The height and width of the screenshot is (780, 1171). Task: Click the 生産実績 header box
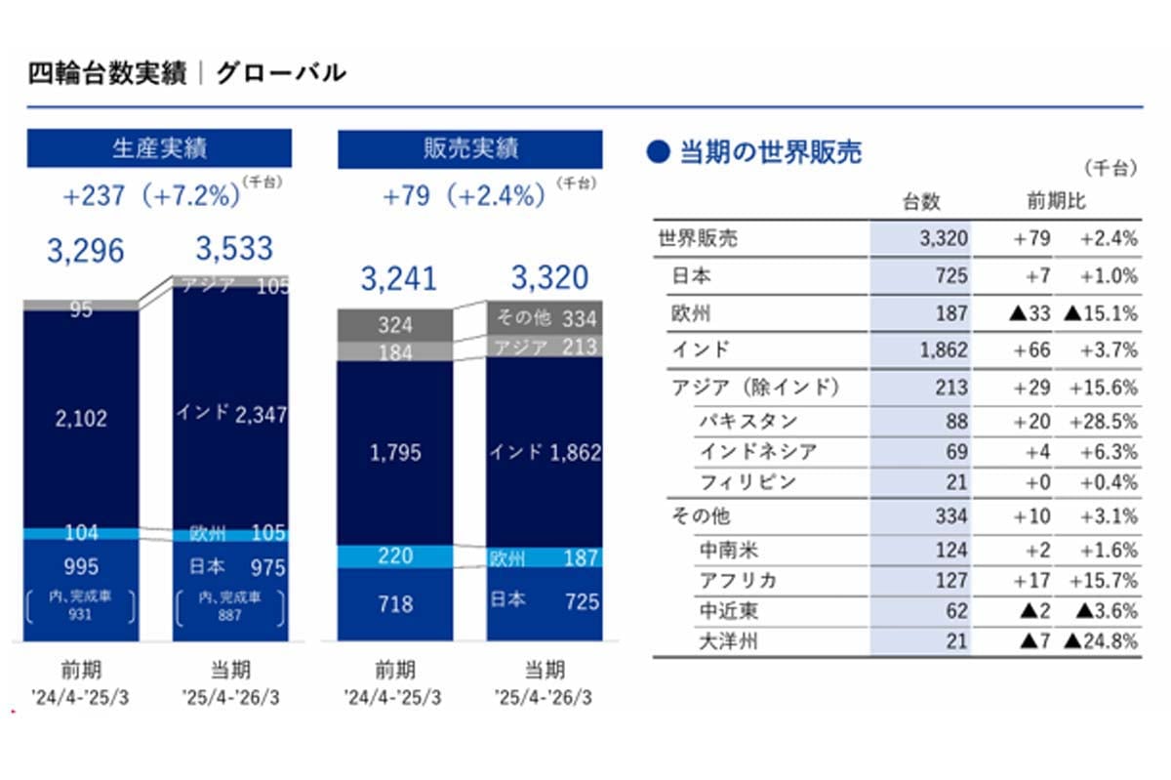click(x=159, y=148)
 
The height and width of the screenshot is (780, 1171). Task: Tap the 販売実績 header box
click(x=470, y=149)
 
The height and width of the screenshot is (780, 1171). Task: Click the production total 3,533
click(x=234, y=249)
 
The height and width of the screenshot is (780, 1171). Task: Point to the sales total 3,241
click(x=399, y=278)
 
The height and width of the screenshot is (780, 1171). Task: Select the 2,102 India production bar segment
click(x=81, y=419)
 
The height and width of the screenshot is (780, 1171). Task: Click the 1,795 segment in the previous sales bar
click(x=395, y=453)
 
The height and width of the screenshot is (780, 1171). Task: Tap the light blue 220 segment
click(x=395, y=556)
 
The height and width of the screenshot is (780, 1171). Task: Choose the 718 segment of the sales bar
click(x=395, y=604)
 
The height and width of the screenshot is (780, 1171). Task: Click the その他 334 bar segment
click(x=545, y=318)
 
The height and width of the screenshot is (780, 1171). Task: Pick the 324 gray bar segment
click(x=395, y=325)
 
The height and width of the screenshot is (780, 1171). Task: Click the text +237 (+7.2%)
click(x=151, y=196)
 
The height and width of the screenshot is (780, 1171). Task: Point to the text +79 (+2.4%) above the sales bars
click(x=464, y=196)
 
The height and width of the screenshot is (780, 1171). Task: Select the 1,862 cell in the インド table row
click(x=944, y=350)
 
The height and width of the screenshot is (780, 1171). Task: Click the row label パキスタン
click(x=748, y=421)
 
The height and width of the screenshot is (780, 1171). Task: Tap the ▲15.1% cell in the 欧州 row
click(x=1101, y=313)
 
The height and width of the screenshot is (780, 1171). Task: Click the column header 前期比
click(x=1056, y=201)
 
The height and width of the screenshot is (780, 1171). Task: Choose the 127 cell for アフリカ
click(x=951, y=580)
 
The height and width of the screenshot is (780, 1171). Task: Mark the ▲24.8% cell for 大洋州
click(x=1101, y=640)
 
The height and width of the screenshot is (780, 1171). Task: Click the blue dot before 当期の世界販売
click(x=658, y=152)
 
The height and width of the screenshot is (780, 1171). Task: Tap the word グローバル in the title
click(x=281, y=72)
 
